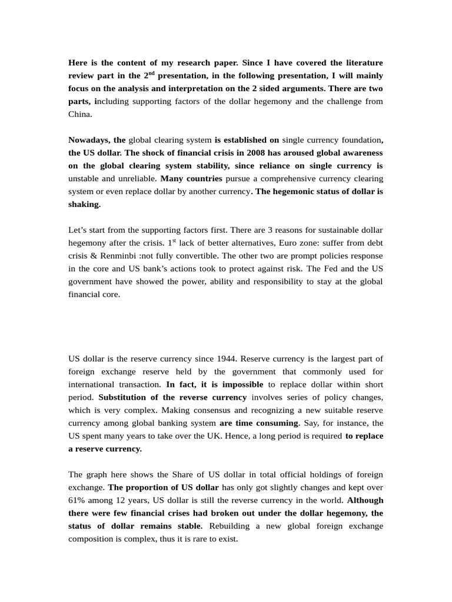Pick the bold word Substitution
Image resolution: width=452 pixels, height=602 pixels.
tap(125, 397)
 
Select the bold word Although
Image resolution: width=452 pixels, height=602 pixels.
tap(365, 500)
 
